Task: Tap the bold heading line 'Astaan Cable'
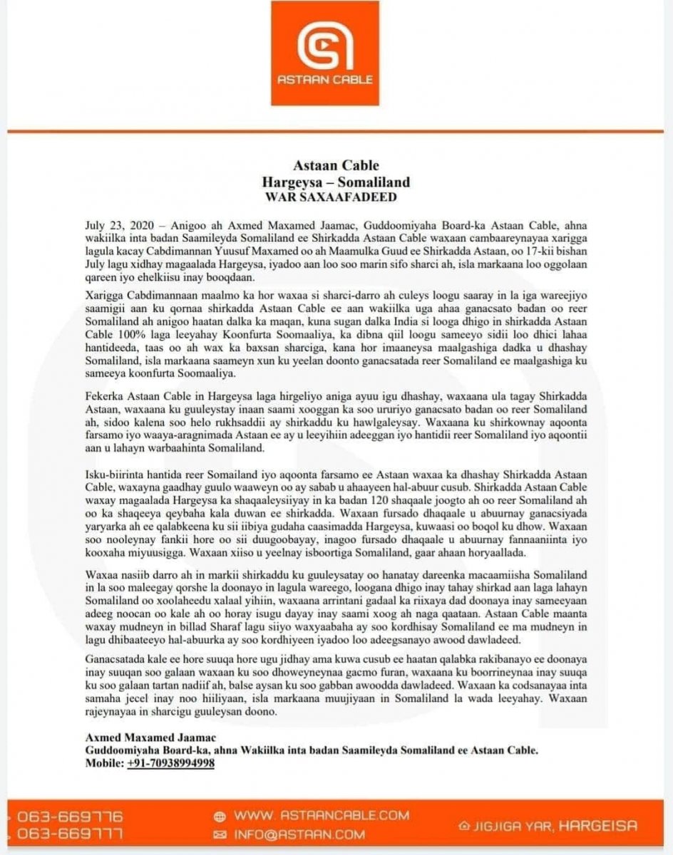click(x=335, y=168)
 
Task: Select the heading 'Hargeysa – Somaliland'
click(x=335, y=182)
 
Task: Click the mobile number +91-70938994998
click(x=171, y=763)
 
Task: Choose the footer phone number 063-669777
click(x=69, y=833)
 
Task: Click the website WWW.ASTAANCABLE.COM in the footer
click(x=322, y=815)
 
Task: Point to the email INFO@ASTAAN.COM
click(x=300, y=834)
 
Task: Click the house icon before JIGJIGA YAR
click(x=465, y=826)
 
